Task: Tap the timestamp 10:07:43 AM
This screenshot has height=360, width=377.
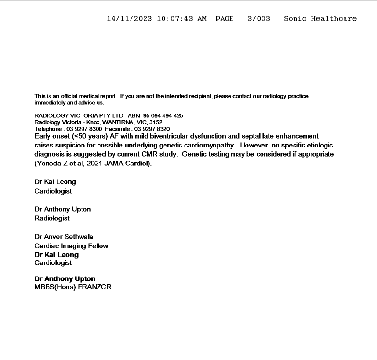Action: pyautogui.click(x=182, y=19)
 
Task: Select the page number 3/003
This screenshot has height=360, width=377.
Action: pyautogui.click(x=259, y=19)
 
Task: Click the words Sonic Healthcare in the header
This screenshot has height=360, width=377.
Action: pyautogui.click(x=320, y=19)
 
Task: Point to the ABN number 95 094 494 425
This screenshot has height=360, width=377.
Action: pyautogui.click(x=163, y=116)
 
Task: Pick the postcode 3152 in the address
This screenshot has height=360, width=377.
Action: pyautogui.click(x=155, y=122)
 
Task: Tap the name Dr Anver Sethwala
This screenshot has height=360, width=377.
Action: pyautogui.click(x=64, y=237)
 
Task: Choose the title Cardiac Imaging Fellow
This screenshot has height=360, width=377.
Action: pyautogui.click(x=71, y=246)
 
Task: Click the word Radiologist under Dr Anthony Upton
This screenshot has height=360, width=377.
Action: pyautogui.click(x=52, y=218)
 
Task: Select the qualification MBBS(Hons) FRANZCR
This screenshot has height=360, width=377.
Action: pyautogui.click(x=73, y=287)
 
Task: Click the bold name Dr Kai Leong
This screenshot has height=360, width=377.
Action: pyautogui.click(x=56, y=255)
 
